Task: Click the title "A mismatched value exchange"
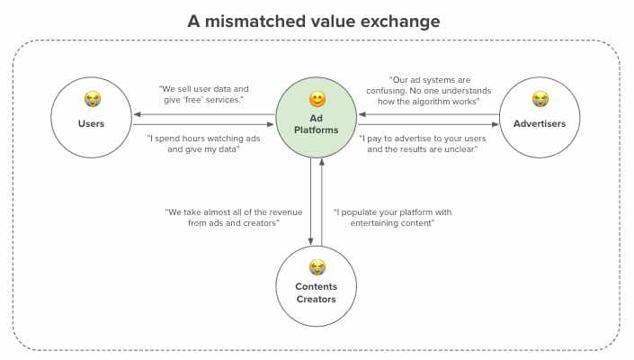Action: pyautogui.click(x=316, y=21)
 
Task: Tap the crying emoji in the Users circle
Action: pyautogui.click(x=92, y=99)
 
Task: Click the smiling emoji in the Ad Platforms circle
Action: pyautogui.click(x=317, y=98)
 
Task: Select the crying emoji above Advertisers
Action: pyautogui.click(x=540, y=99)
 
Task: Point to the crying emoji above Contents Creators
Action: pyautogui.click(x=317, y=266)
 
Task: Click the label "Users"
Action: pyautogui.click(x=92, y=123)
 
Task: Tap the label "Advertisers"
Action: pyautogui.click(x=540, y=123)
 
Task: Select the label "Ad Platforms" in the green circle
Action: pyautogui.click(x=317, y=123)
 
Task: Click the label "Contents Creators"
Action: pyautogui.click(x=317, y=292)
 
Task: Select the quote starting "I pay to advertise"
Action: pyautogui.click(x=418, y=144)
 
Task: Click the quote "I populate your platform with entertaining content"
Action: pyautogui.click(x=393, y=217)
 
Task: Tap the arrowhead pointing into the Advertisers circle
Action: pyautogui.click(x=496, y=124)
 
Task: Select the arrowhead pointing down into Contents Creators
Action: pyautogui.click(x=311, y=240)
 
